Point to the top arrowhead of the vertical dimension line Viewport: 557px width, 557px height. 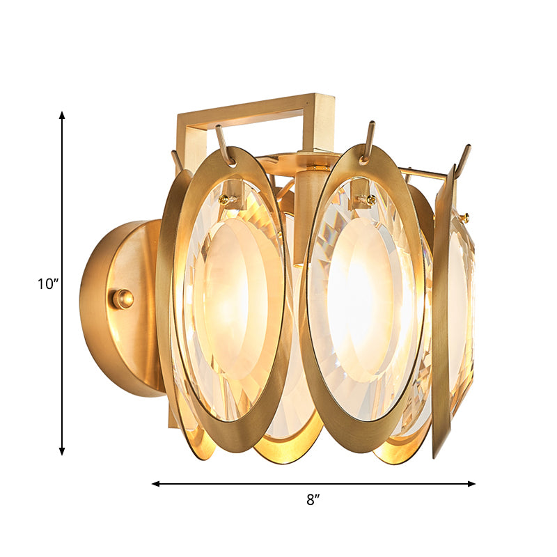point(62,116)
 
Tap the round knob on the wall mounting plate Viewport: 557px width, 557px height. point(123,299)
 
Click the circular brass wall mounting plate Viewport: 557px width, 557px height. point(111,306)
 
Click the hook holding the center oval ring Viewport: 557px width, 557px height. point(368,140)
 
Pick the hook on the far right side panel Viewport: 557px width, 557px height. point(462,159)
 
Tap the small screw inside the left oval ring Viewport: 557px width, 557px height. point(224,199)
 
